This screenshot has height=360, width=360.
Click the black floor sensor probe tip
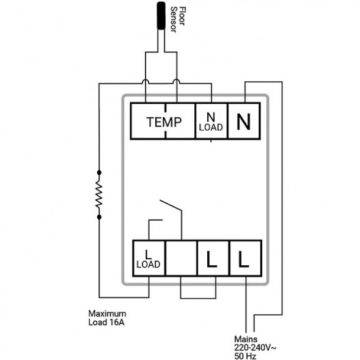pos(161,15)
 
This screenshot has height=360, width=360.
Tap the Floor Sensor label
pos(178,20)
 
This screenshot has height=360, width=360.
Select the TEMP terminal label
pos(164,122)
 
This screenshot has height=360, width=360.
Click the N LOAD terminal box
pos(211,121)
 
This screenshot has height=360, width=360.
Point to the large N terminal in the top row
pos(244,121)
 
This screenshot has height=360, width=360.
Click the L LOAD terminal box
pos(149,258)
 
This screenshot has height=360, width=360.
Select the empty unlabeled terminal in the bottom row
pos(181,258)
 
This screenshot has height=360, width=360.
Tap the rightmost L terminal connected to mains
pos(246,258)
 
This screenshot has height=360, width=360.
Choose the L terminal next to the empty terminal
pos(213,258)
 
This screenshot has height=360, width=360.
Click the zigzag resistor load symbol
pos(99,195)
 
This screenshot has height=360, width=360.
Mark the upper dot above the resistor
pos(99,172)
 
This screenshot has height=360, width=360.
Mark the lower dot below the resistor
pos(99,217)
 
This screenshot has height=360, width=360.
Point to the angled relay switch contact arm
pos(171,205)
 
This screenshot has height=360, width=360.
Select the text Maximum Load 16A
pos(107,318)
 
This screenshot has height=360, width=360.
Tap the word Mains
pos(246,339)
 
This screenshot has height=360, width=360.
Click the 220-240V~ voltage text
pos(255,348)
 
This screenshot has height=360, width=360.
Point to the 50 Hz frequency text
pos(245,356)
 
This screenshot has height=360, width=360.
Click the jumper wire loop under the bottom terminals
pos(198,298)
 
